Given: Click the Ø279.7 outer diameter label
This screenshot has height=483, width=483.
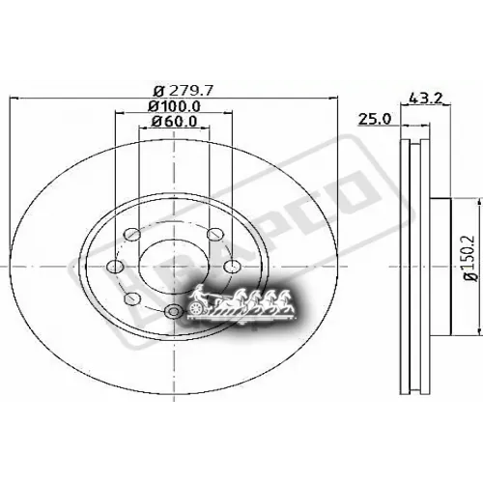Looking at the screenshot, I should [174, 86].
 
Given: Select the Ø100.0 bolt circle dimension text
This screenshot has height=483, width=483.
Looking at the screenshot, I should [174, 104].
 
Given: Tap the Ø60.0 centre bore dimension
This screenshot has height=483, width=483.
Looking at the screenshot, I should [174, 122].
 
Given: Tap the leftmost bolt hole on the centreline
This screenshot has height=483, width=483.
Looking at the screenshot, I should [113, 268].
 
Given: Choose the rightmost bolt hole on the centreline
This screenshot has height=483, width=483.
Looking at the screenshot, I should [232, 268].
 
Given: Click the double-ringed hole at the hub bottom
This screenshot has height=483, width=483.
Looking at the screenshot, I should [173, 309].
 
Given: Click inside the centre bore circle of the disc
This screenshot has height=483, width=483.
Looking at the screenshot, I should [172, 256].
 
